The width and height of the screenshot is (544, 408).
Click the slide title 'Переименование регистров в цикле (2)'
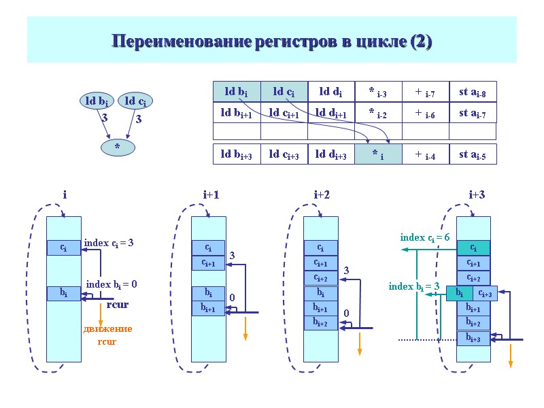[x=272, y=41]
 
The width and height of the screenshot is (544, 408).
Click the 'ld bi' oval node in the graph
[x=97, y=101]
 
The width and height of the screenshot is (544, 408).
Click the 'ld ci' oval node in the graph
[x=136, y=101]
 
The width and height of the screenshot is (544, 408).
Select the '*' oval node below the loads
[x=117, y=146]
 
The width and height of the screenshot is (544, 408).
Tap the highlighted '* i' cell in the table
[x=378, y=155]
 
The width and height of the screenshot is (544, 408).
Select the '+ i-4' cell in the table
[x=425, y=155]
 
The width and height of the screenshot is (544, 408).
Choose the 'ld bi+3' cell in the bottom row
[x=237, y=155]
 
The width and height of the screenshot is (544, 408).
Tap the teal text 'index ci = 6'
[x=424, y=237]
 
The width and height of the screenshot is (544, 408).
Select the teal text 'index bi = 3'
[x=413, y=286]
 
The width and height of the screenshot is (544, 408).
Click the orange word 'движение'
[x=107, y=329]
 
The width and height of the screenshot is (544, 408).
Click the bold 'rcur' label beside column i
[x=117, y=305]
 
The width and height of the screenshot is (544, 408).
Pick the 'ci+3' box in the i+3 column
[x=486, y=293]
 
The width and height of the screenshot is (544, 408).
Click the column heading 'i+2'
[x=322, y=195]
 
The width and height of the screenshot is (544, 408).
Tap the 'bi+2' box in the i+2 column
[x=320, y=322]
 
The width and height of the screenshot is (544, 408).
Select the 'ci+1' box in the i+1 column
[x=209, y=263]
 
